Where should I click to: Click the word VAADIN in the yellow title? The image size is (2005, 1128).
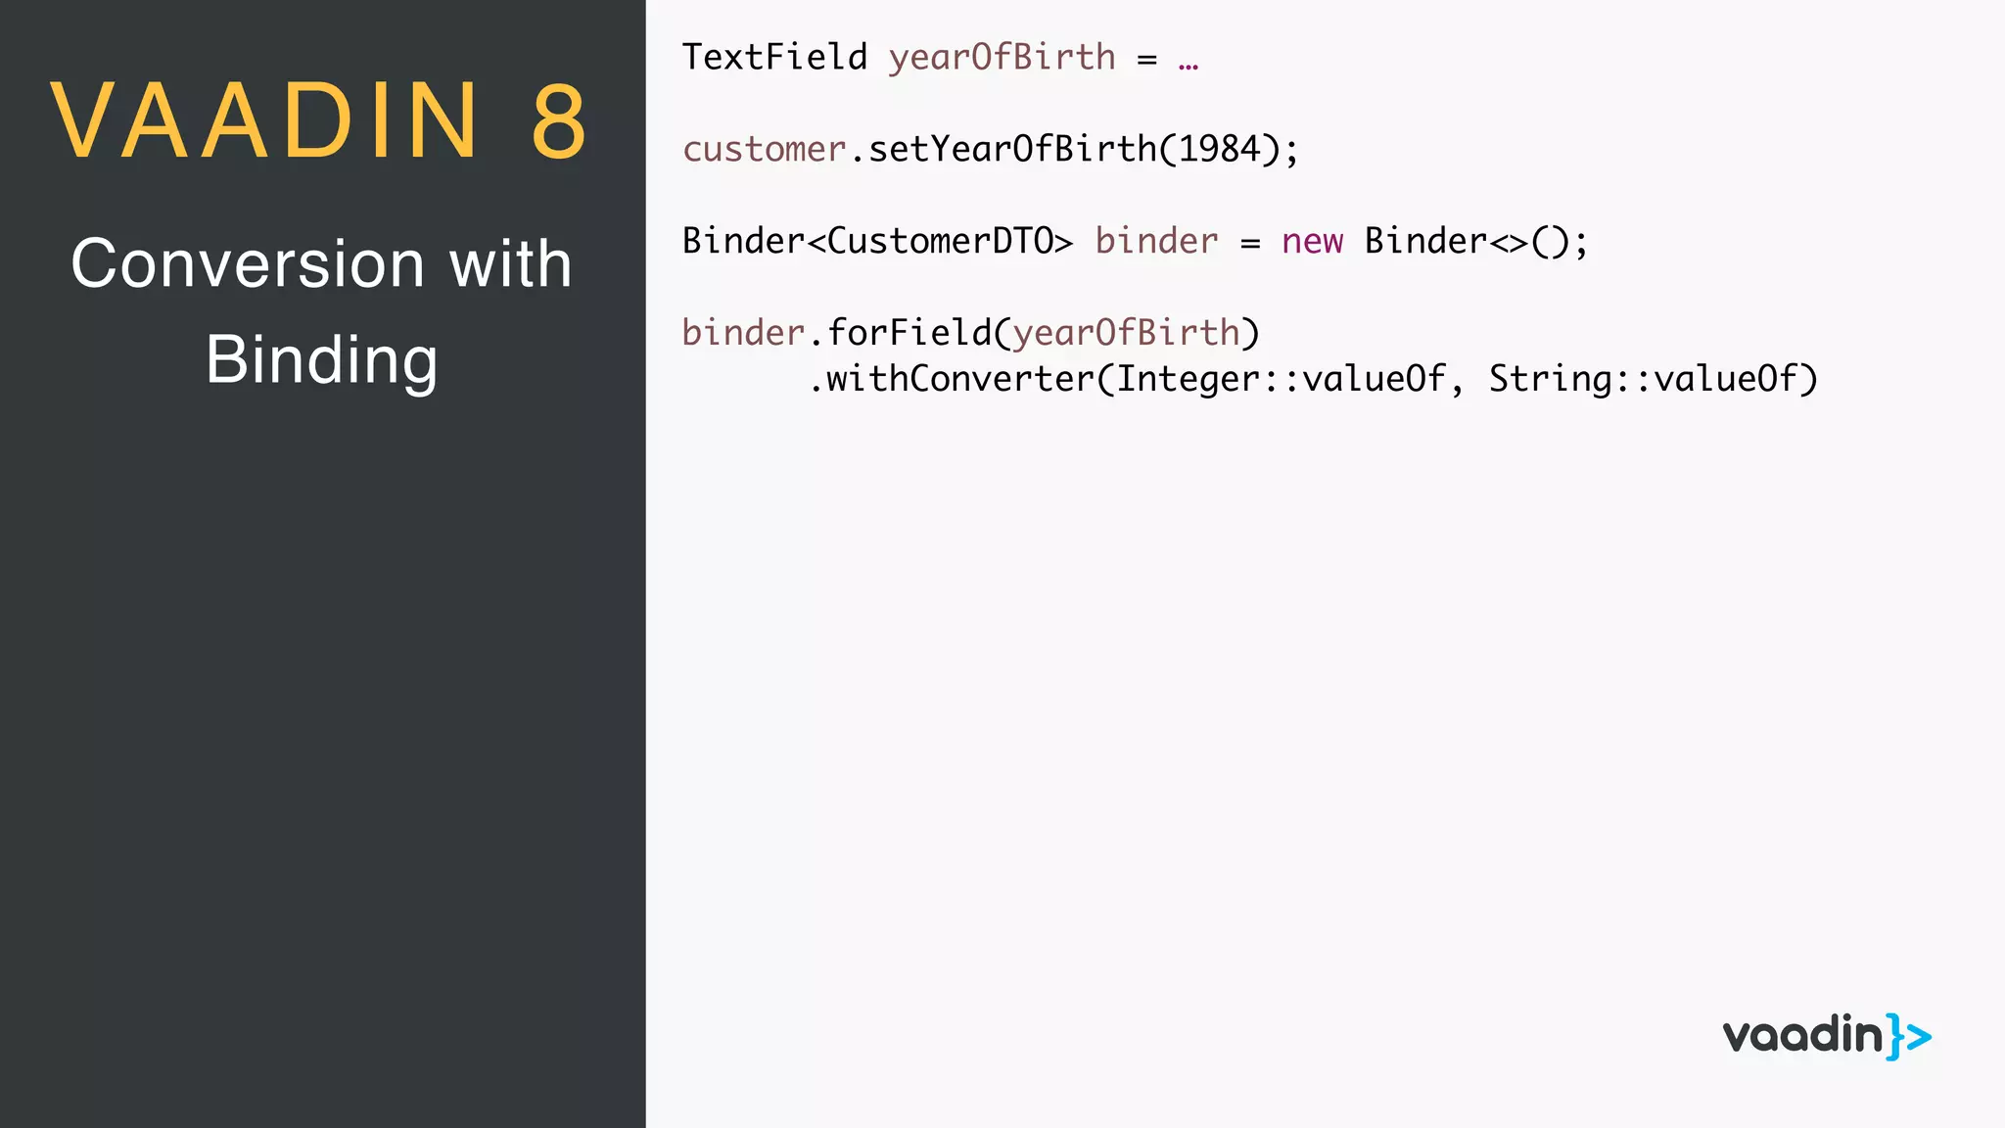(264, 121)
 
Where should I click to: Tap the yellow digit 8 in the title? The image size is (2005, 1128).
(559, 121)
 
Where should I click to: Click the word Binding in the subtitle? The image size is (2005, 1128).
(321, 359)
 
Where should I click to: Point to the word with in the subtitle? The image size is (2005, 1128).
(510, 263)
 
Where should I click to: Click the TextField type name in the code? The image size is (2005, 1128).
(774, 57)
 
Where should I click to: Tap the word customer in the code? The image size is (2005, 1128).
(764, 149)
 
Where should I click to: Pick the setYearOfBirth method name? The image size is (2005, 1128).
(1012, 149)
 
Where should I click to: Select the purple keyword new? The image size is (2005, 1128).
(1312, 241)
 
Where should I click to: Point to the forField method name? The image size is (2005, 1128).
(909, 333)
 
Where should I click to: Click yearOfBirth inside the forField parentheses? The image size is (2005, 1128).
(1126, 333)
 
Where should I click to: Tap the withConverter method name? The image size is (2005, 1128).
(960, 379)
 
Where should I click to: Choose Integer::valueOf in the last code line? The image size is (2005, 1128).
(1281, 379)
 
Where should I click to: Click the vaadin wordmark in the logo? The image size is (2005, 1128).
(1802, 1035)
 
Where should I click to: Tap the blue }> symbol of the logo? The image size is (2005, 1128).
(1909, 1036)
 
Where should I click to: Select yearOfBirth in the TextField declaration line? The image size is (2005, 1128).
(1002, 57)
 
